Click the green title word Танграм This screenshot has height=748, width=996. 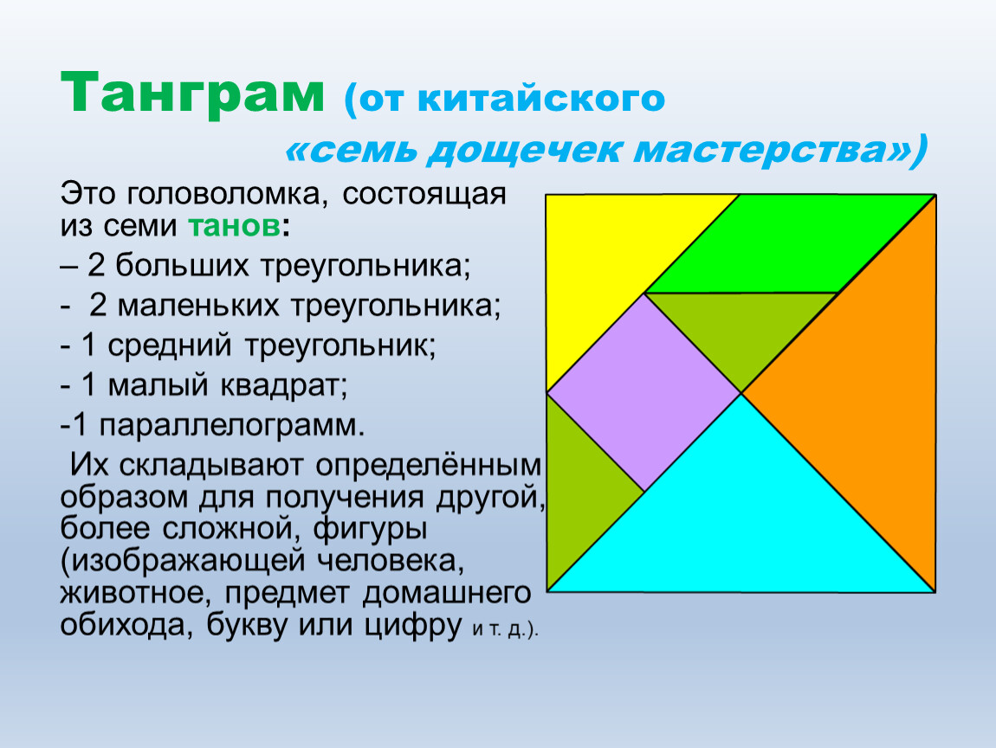[x=192, y=93]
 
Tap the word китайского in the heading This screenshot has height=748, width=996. [x=541, y=99]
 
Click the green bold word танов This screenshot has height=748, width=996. [x=234, y=226]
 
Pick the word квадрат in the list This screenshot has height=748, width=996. [x=279, y=385]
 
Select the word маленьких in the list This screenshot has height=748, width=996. [x=198, y=306]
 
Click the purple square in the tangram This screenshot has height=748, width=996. [x=644, y=392]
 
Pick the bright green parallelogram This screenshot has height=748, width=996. [x=790, y=244]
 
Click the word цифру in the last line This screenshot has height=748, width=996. [x=412, y=625]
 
